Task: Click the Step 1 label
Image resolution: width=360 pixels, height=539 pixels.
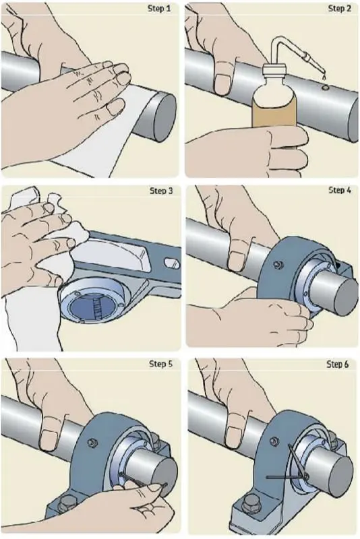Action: [x=159, y=8]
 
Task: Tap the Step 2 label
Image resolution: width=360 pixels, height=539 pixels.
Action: [x=340, y=8]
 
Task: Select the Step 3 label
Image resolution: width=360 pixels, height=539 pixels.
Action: [x=161, y=191]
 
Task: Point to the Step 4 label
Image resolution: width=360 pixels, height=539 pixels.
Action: [x=340, y=190]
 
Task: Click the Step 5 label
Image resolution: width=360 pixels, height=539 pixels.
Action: [x=160, y=364]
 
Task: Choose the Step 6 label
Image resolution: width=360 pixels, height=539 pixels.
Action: [x=337, y=364]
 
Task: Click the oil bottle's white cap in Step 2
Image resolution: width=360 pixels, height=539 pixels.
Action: [x=274, y=71]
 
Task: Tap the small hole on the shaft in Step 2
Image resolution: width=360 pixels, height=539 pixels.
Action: [x=324, y=89]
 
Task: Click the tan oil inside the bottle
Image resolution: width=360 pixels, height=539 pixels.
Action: [x=274, y=113]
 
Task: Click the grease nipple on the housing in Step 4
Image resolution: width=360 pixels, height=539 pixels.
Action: [x=277, y=265]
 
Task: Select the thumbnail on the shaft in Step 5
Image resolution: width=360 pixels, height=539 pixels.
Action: [x=49, y=441]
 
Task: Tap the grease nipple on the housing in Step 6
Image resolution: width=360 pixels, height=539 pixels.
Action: [x=274, y=441]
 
